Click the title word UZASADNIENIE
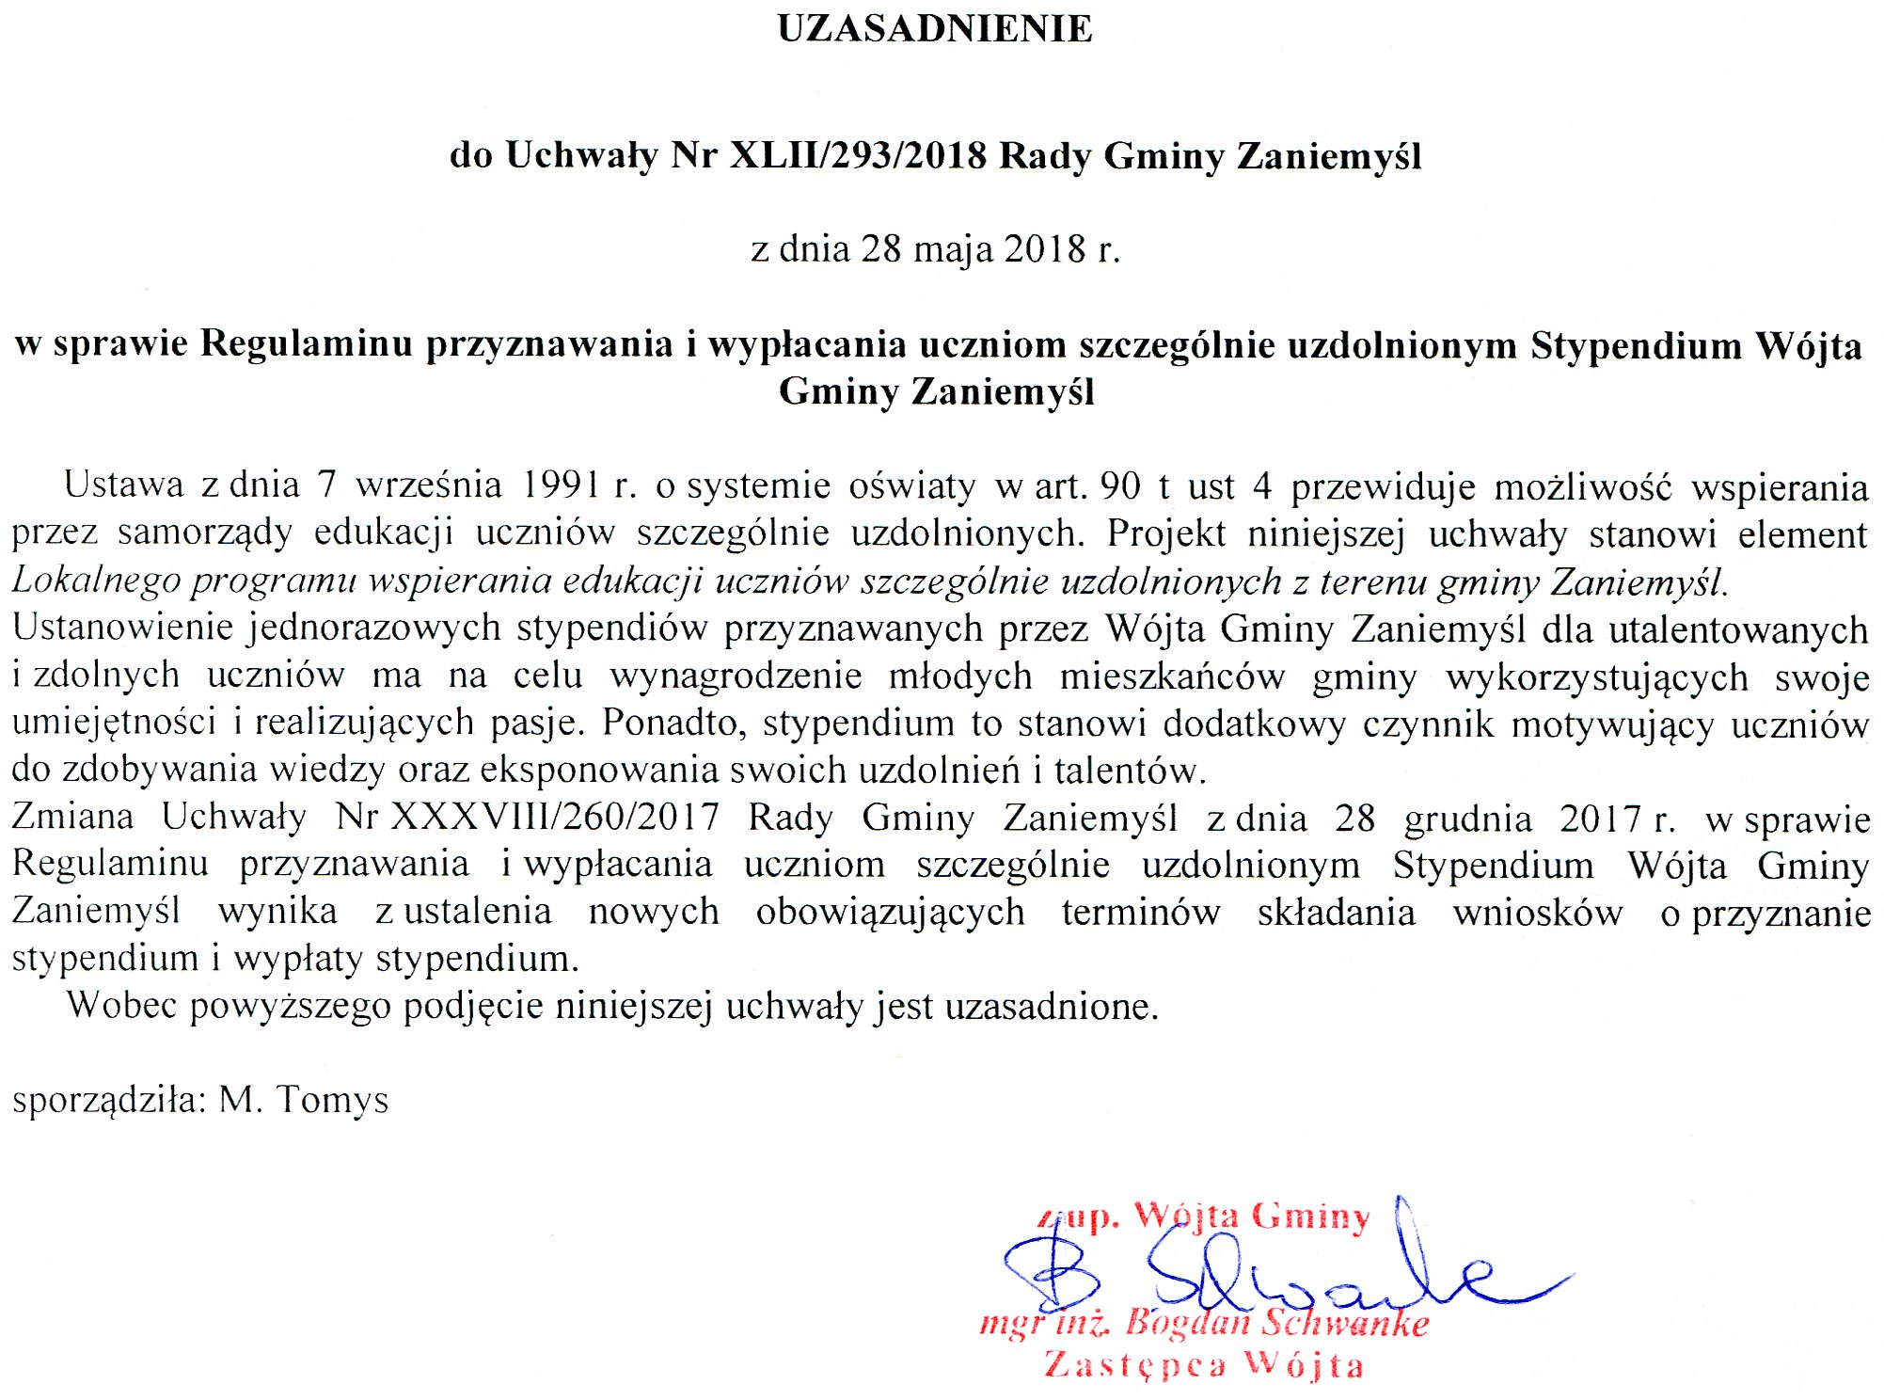pos(935,29)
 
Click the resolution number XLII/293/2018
pos(858,155)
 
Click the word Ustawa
pos(123,485)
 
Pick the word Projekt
pos(1165,533)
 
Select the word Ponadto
pos(670,723)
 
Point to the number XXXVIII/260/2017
pos(555,817)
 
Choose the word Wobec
pos(121,1006)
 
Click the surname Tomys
pos(332,1100)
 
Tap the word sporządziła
pos(108,1100)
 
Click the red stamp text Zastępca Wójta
pos(1203,1364)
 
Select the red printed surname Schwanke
pos(1344,1323)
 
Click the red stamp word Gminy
pos(1310,1217)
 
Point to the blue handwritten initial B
pos(1052,1271)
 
